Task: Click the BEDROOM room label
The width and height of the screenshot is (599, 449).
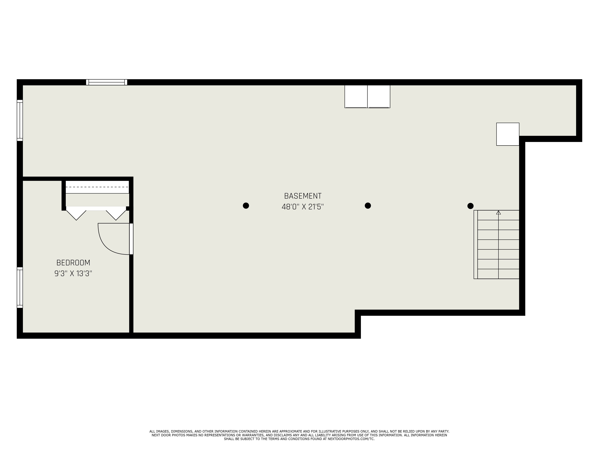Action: click(x=73, y=263)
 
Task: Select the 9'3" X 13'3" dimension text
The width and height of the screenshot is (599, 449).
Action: click(x=73, y=274)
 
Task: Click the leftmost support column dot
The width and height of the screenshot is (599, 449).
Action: click(x=246, y=206)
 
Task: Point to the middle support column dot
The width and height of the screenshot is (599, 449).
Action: click(x=368, y=206)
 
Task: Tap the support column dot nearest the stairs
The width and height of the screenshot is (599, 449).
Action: click(x=470, y=206)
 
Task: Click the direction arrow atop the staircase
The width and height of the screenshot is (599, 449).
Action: click(x=498, y=213)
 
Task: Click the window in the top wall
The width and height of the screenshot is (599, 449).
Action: click(x=107, y=82)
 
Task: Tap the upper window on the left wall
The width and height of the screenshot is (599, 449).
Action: click(x=20, y=120)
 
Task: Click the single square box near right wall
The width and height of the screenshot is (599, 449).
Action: click(x=508, y=134)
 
